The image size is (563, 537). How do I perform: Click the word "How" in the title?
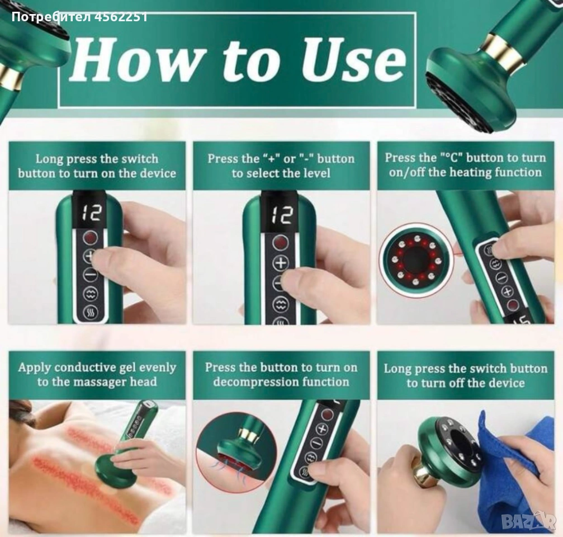(x=137, y=59)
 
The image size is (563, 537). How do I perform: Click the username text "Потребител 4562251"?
(x=79, y=17)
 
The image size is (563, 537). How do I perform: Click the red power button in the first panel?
(x=91, y=237)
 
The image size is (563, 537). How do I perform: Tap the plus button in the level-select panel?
(x=281, y=263)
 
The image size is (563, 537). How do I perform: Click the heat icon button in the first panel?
(x=90, y=313)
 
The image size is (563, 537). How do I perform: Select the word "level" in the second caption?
(x=315, y=173)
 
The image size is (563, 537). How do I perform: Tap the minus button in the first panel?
(x=90, y=275)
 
